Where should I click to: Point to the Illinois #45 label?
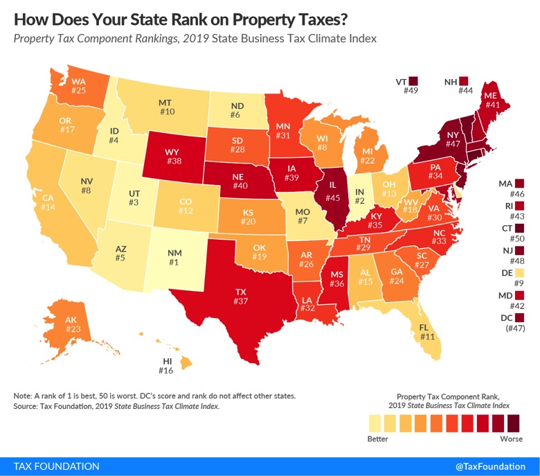tap(332, 197)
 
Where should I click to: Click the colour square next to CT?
tap(520, 227)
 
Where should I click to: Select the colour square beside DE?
tap(520, 272)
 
